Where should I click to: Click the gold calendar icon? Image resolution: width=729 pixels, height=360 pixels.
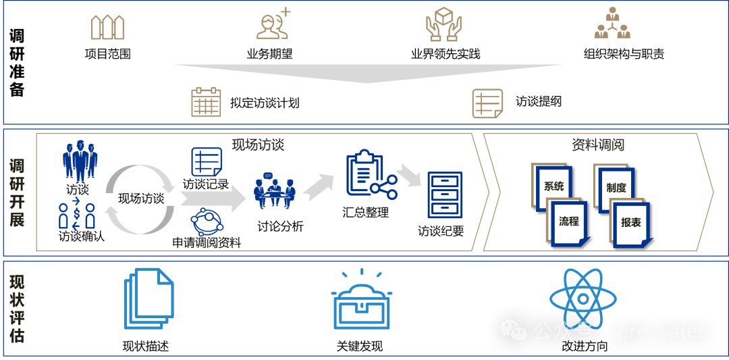pyautogui.click(x=206, y=102)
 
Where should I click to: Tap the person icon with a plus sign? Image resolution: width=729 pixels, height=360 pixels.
pyautogui.click(x=273, y=24)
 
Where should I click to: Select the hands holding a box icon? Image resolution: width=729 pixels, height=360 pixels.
pyautogui.click(x=443, y=25)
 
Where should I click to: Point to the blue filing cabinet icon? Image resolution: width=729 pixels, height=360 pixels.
pyautogui.click(x=445, y=195)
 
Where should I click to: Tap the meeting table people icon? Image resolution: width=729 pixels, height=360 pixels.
pyautogui.click(x=274, y=191)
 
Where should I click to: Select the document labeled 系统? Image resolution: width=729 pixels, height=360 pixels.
pyautogui.click(x=552, y=186)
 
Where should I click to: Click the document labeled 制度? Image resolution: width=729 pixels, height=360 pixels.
pyautogui.click(x=614, y=187)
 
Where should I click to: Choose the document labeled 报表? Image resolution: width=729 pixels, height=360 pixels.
pyautogui.click(x=630, y=223)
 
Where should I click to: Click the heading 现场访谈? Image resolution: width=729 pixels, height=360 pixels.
pyautogui.click(x=258, y=144)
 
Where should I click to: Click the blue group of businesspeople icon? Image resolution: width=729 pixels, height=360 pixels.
pyautogui.click(x=80, y=161)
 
